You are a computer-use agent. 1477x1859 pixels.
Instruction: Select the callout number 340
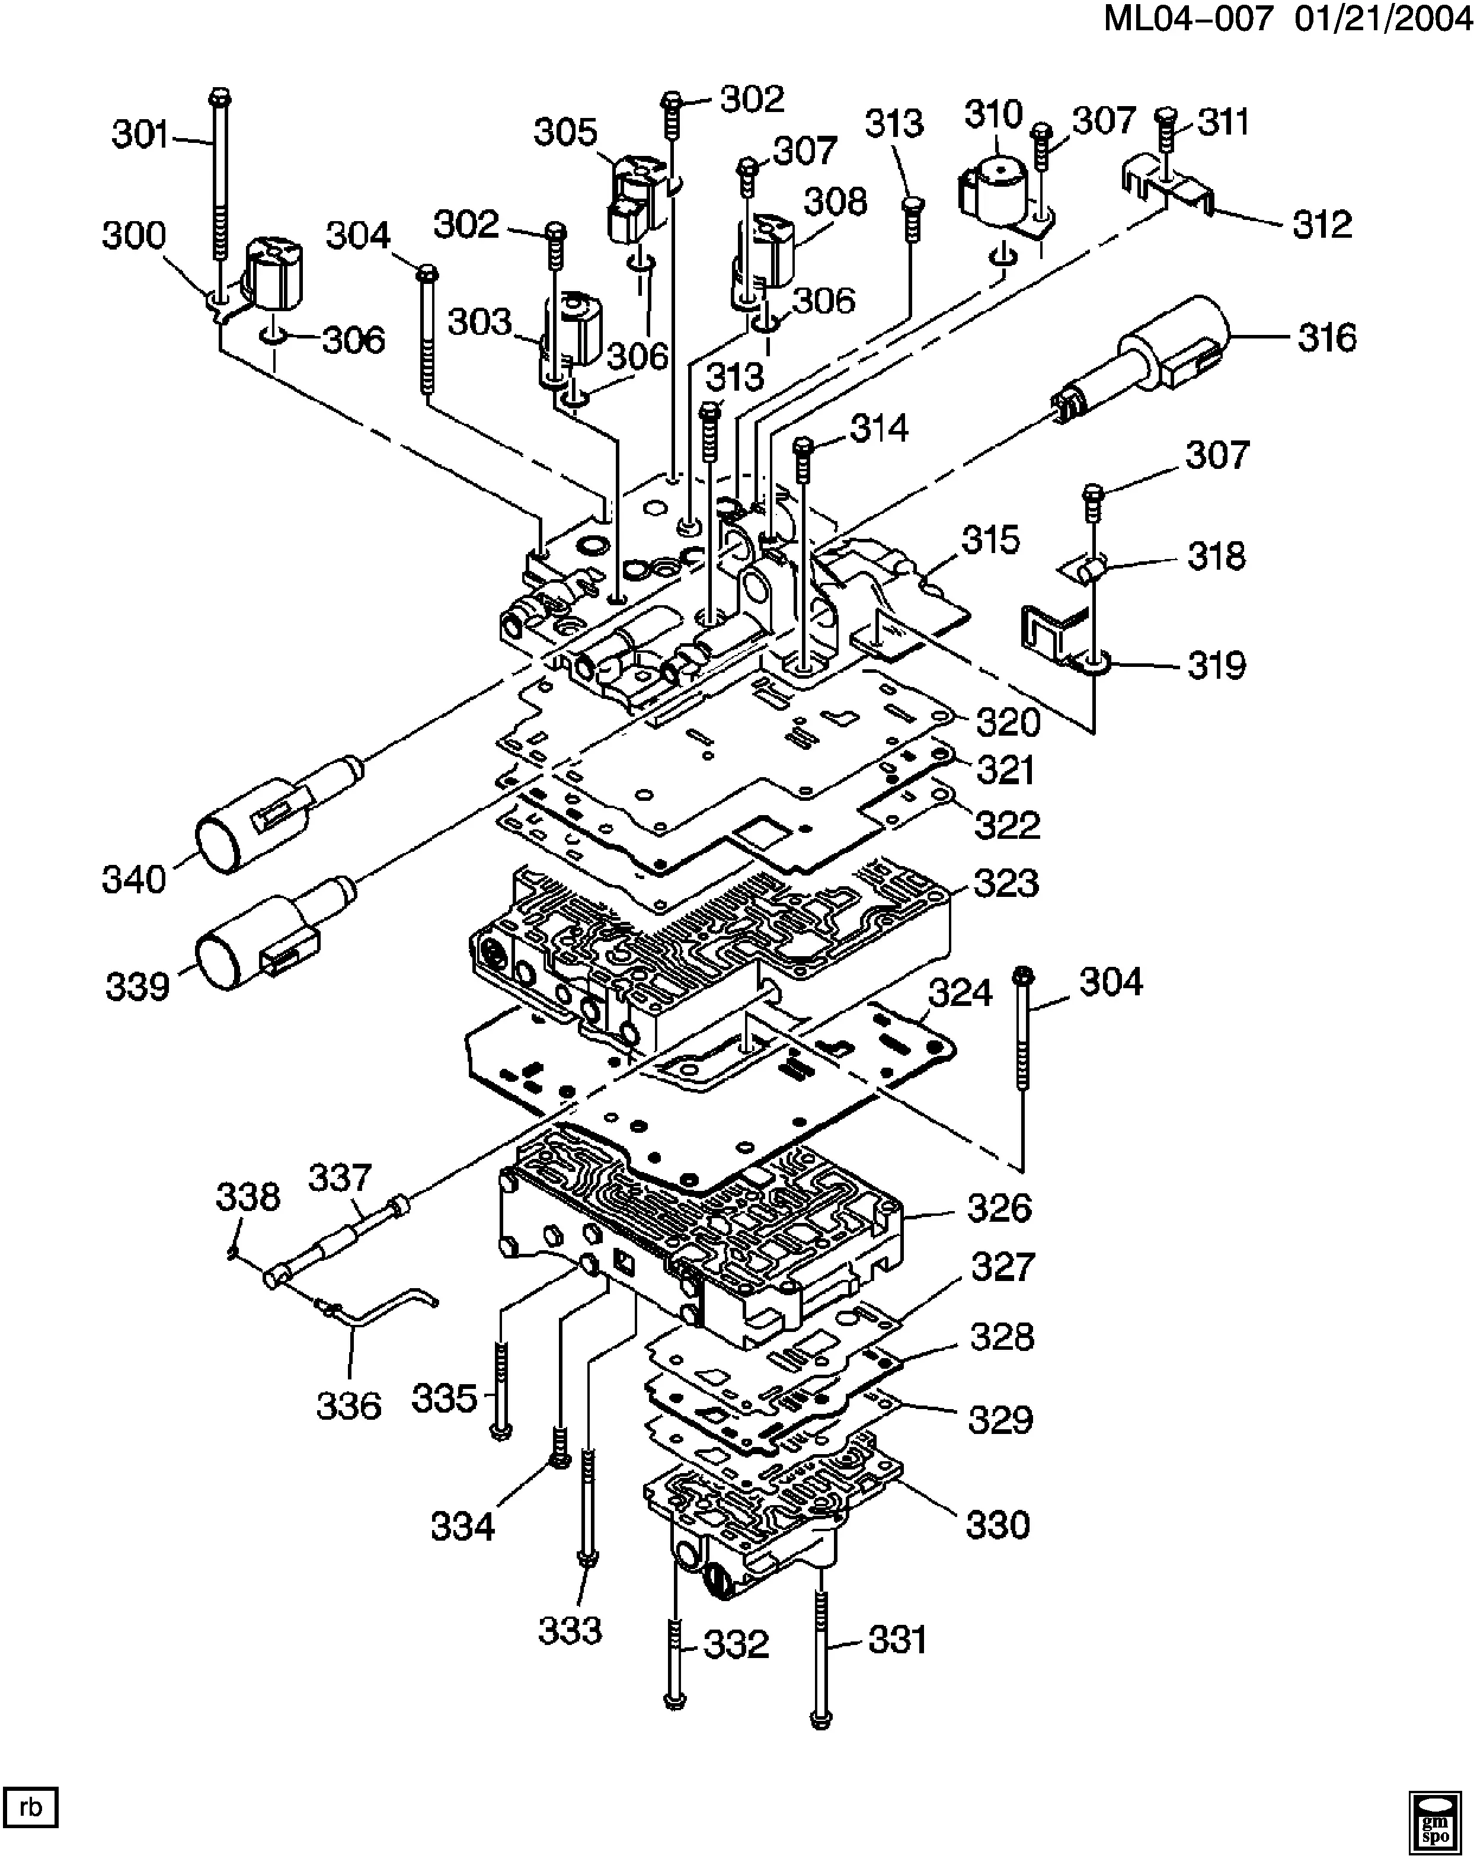coord(133,880)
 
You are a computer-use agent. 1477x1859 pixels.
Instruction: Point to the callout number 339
coord(137,986)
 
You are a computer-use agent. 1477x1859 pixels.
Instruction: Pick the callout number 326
coord(999,1208)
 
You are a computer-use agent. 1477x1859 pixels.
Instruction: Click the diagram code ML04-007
coord(1188,19)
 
